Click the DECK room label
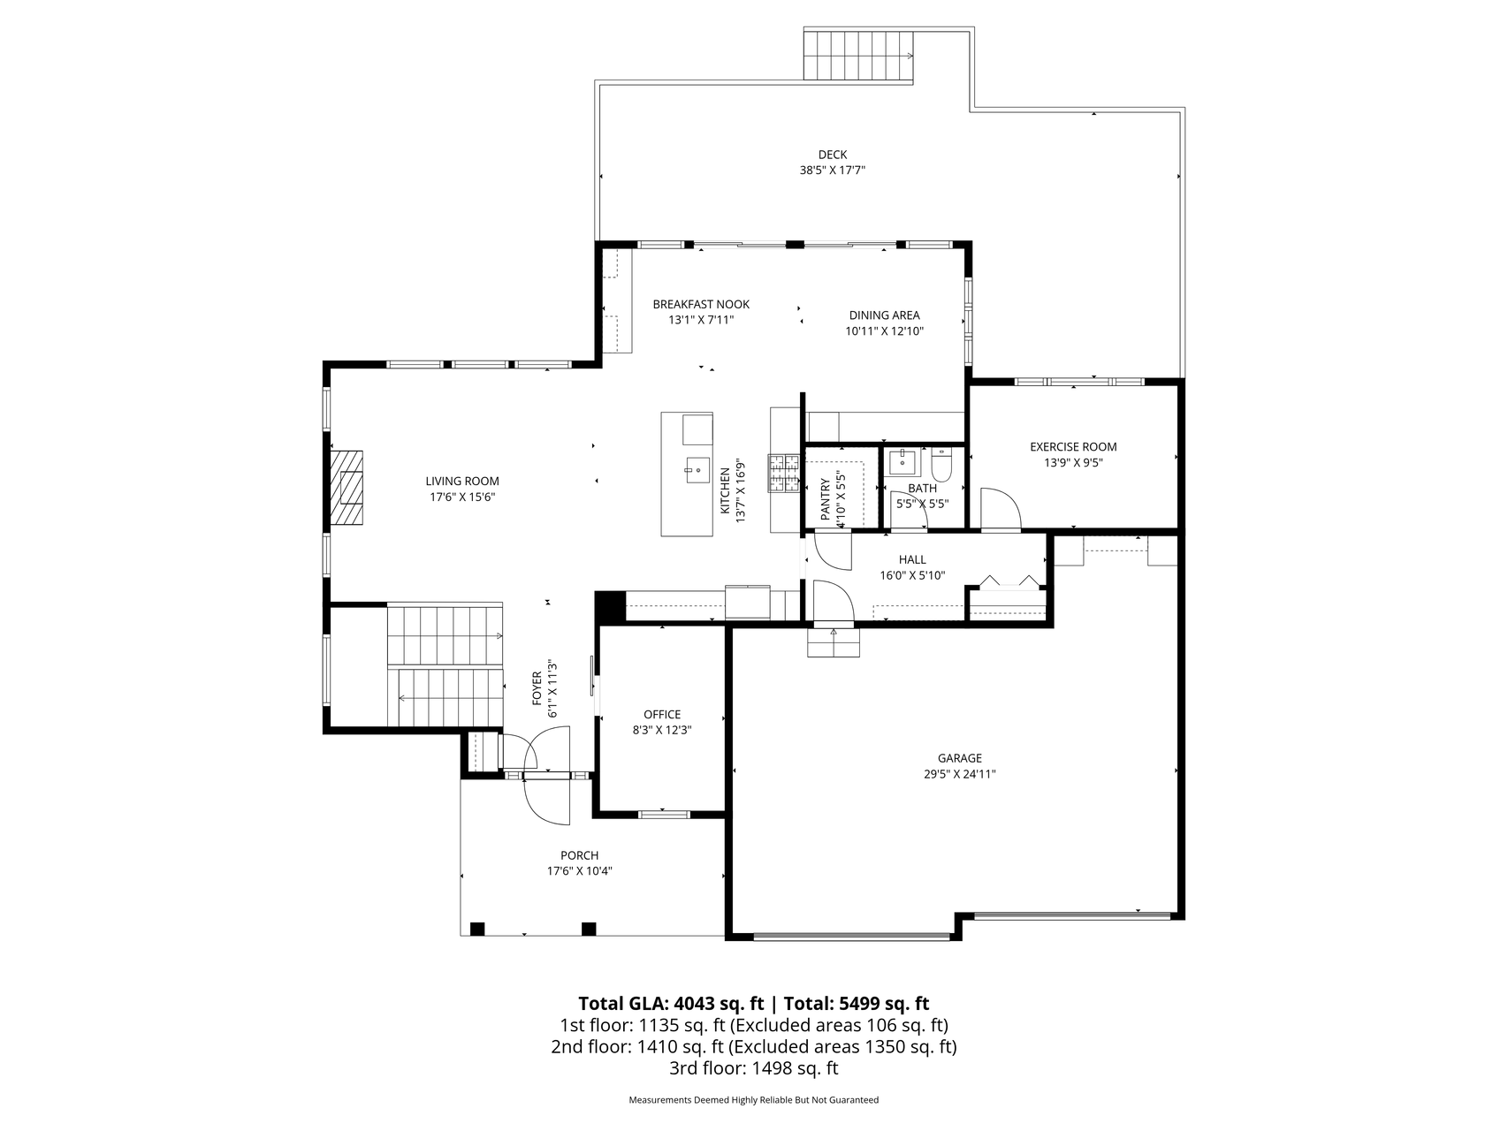click(x=832, y=155)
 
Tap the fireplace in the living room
click(x=347, y=490)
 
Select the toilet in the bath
click(x=941, y=465)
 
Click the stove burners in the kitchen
click(x=784, y=472)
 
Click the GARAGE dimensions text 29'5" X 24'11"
click(x=960, y=774)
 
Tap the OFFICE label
click(x=662, y=714)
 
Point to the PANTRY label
click(x=826, y=499)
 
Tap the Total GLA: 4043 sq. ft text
click(x=671, y=1003)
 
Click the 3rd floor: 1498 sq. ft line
click(x=753, y=1068)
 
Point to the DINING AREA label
click(x=884, y=315)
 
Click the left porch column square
click(x=477, y=929)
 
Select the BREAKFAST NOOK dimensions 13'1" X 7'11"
click(x=701, y=320)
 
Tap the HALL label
click(x=912, y=559)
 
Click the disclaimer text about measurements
click(x=753, y=1100)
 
